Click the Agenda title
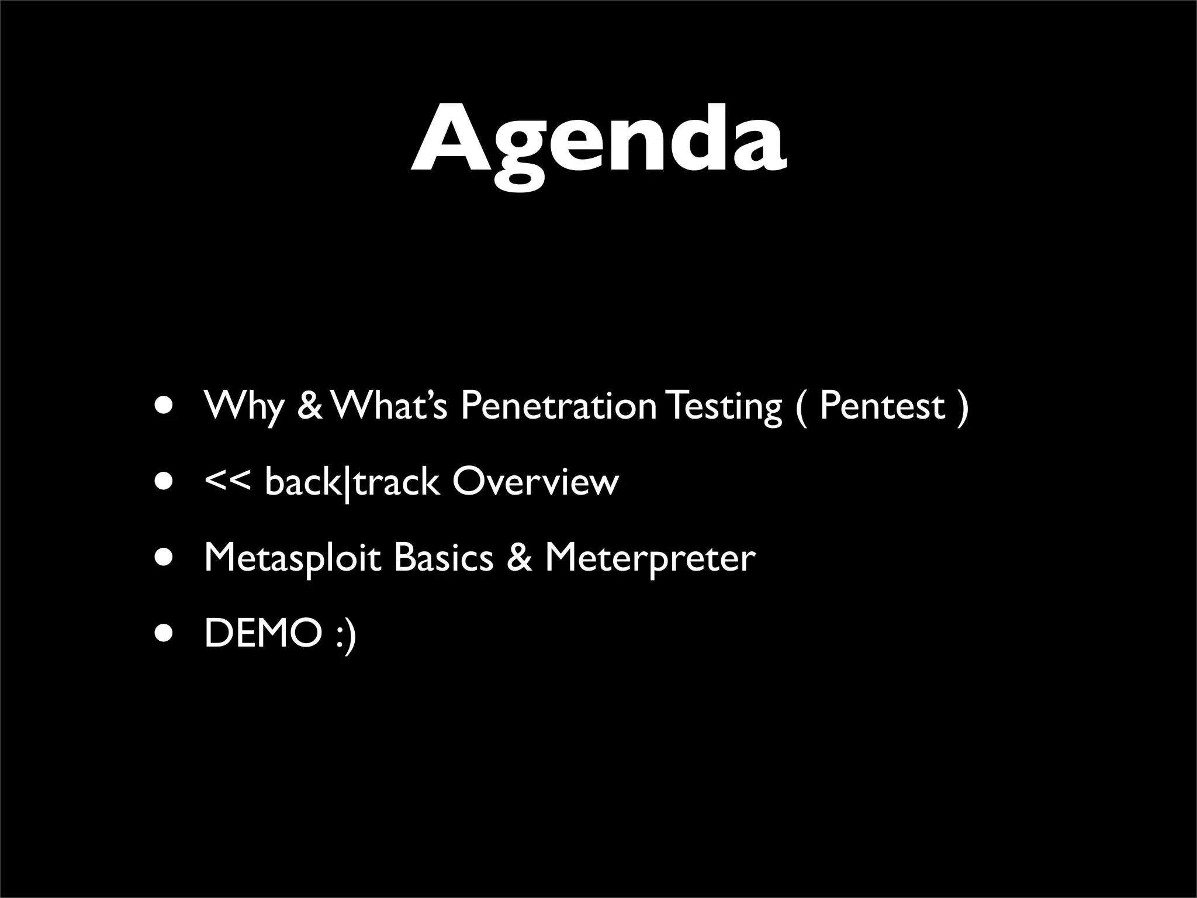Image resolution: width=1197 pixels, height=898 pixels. [598, 140]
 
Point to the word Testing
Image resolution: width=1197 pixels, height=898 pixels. [724, 406]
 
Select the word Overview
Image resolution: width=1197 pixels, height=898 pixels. [535, 482]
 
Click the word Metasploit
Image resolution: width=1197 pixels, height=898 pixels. [292, 558]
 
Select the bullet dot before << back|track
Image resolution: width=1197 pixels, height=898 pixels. [164, 482]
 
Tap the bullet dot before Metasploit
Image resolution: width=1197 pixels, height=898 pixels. [164, 558]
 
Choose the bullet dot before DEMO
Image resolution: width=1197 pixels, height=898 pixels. [164, 634]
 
